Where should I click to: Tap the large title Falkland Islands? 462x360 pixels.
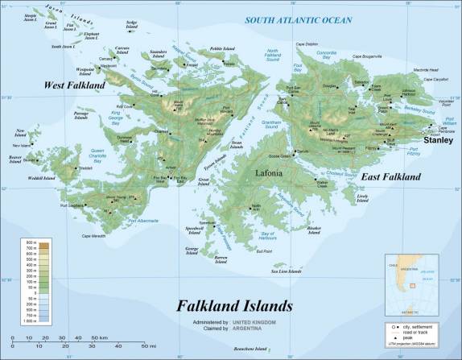coord(235,306)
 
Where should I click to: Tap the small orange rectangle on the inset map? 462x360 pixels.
coord(411,283)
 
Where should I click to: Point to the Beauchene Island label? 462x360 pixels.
coord(250,348)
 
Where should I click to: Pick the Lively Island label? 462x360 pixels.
coord(367,197)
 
